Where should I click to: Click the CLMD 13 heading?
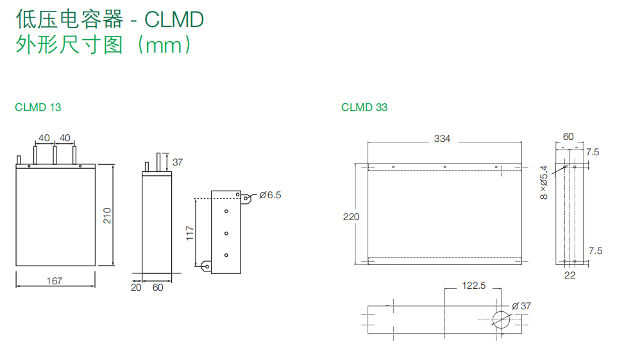tap(38, 107)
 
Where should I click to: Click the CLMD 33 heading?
tap(364, 107)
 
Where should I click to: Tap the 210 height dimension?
tap(107, 216)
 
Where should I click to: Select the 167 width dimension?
tap(55, 281)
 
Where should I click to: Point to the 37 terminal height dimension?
tap(178, 162)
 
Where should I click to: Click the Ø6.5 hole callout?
tap(271, 195)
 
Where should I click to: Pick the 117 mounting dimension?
tap(190, 233)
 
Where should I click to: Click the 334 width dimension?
tap(442, 139)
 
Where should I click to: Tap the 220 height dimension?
tap(351, 217)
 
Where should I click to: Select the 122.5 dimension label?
tap(474, 286)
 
